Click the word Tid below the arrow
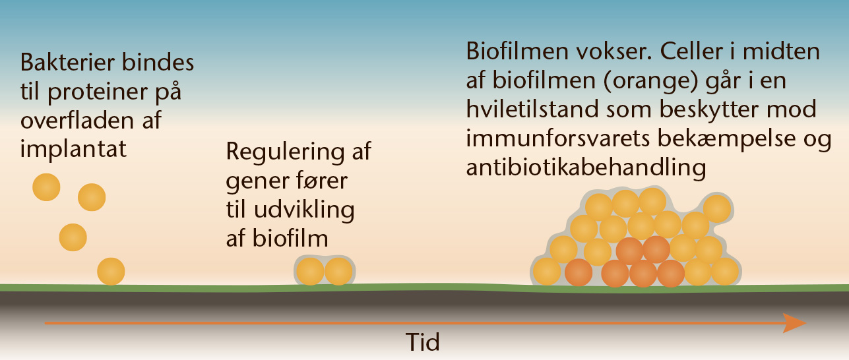click(x=423, y=342)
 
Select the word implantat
click(x=73, y=149)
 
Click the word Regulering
click(x=285, y=152)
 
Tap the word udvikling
click(x=304, y=210)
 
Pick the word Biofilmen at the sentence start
click(x=517, y=51)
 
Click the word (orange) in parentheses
click(x=650, y=80)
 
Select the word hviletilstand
click(x=532, y=109)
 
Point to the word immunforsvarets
click(x=557, y=138)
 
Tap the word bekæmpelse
click(x=726, y=138)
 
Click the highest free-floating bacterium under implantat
click(x=46, y=187)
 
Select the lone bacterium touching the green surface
click(x=111, y=272)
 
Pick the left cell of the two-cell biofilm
click(x=310, y=272)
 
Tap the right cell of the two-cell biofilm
click(x=338, y=272)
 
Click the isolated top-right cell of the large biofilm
click(x=717, y=209)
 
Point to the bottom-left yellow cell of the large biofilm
click(x=547, y=272)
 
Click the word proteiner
click(x=98, y=92)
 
